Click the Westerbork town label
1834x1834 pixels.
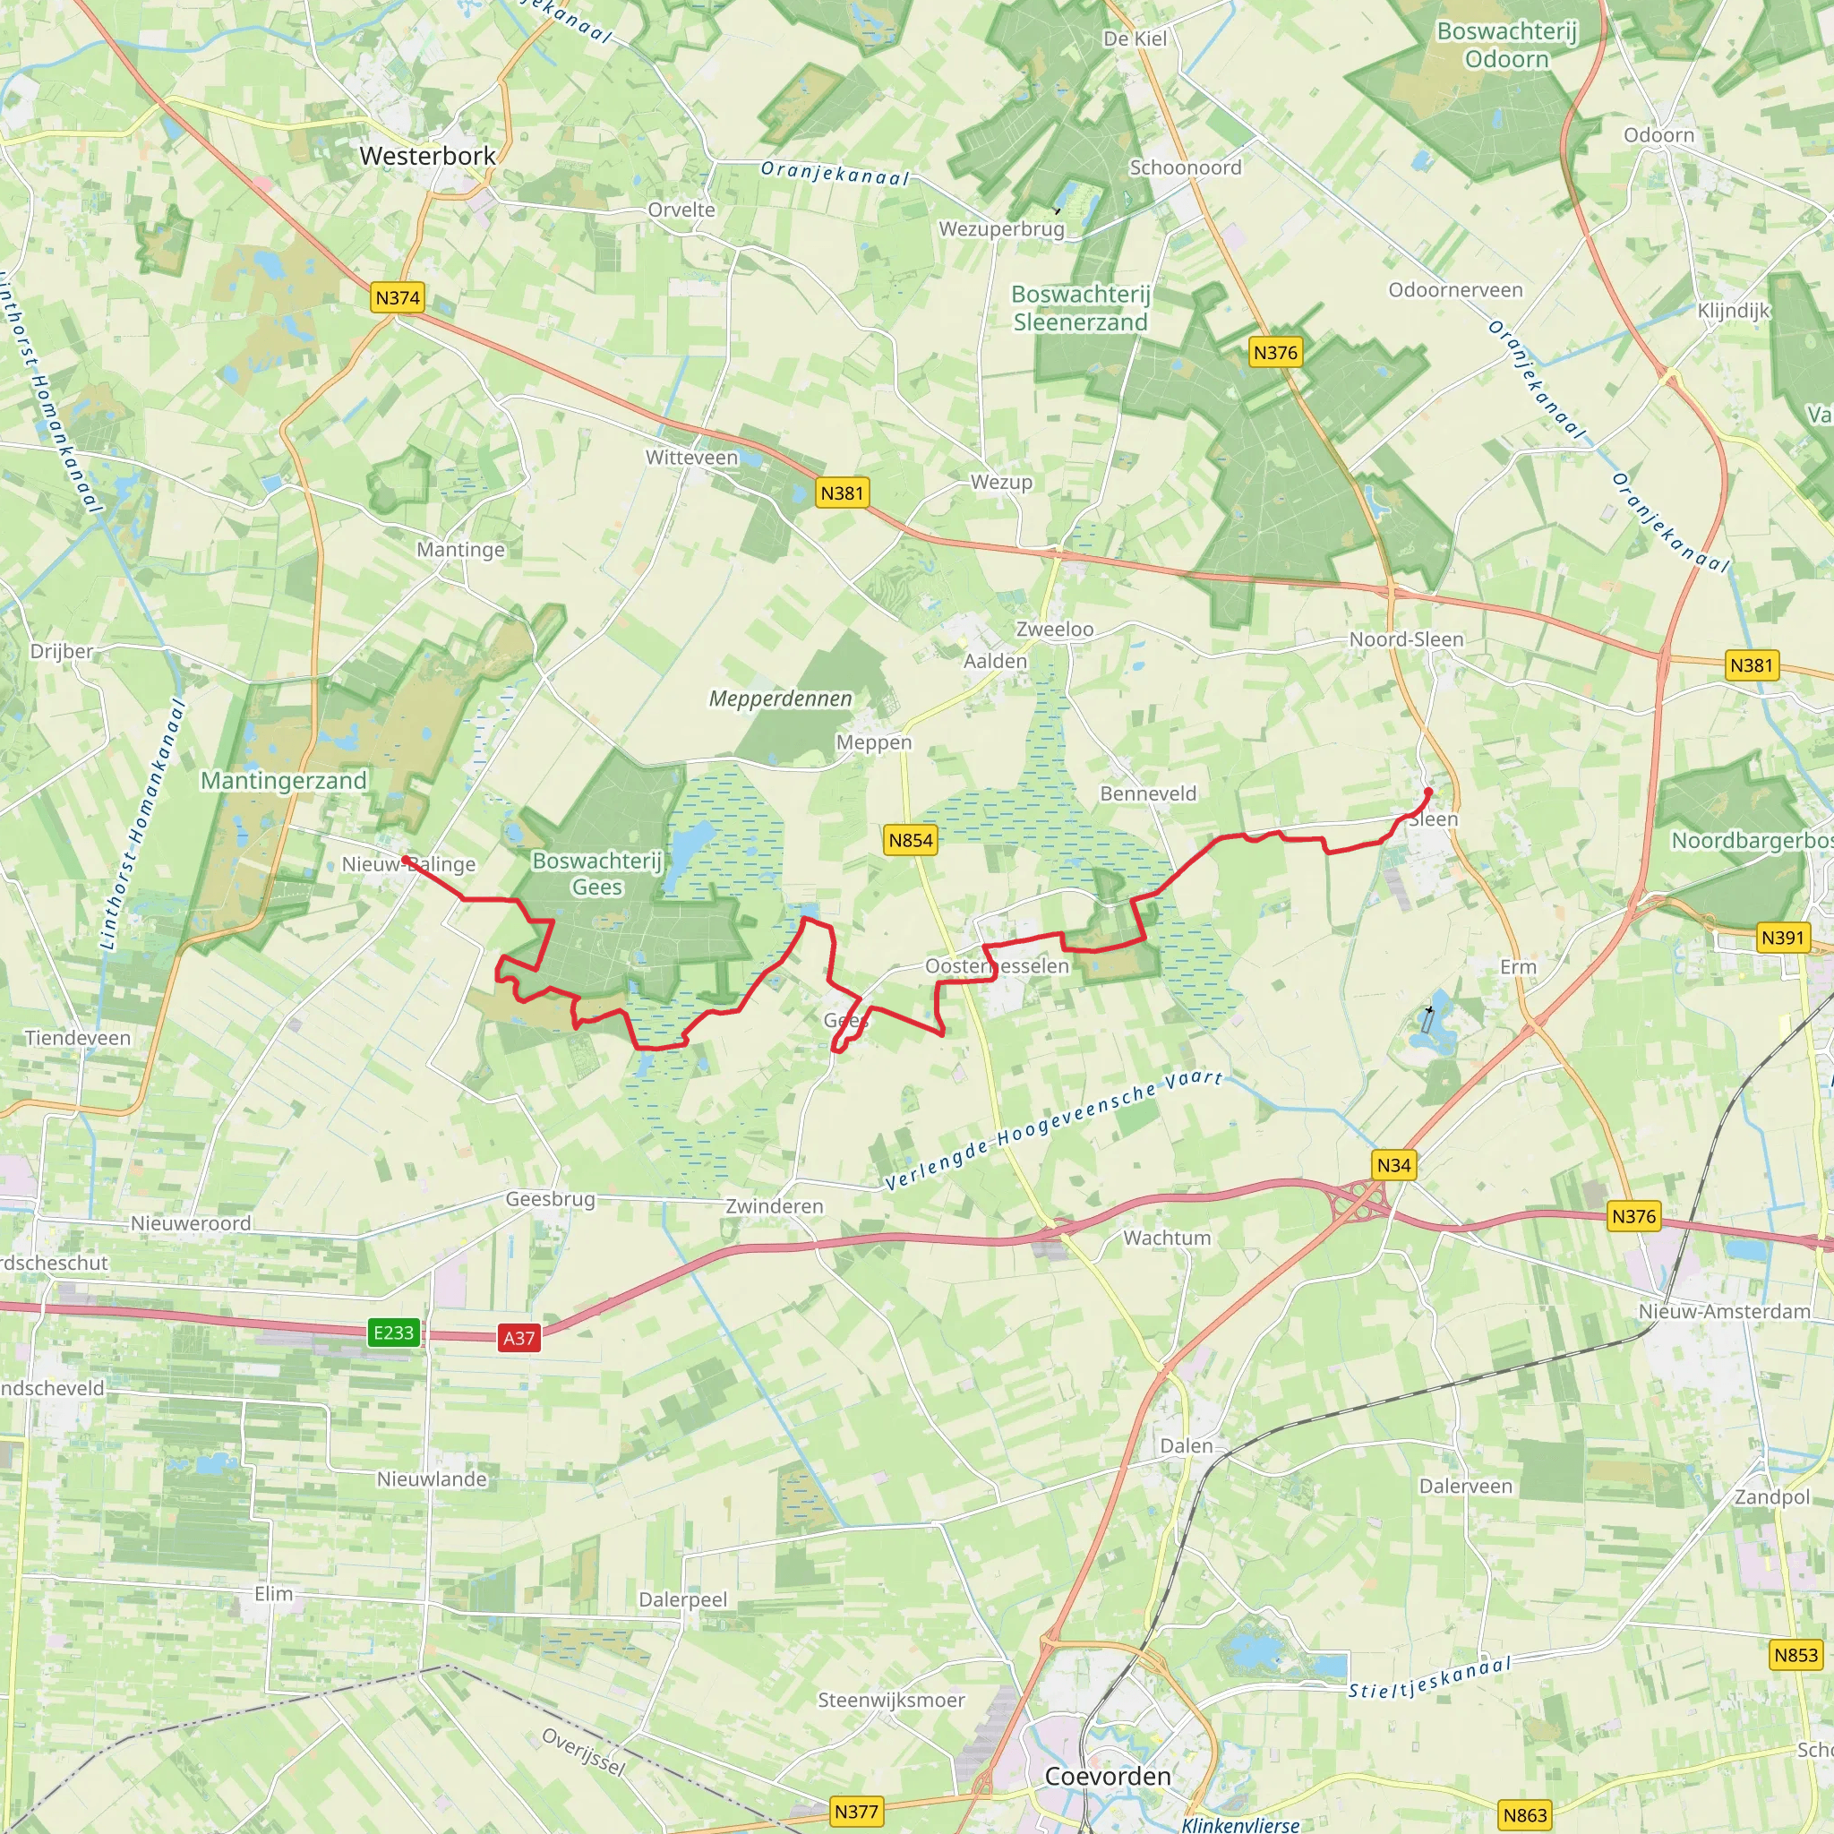click(427, 156)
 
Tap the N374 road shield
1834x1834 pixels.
click(397, 298)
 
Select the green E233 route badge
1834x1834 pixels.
click(393, 1333)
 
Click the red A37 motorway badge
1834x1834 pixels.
click(518, 1339)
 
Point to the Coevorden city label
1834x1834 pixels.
click(1107, 1776)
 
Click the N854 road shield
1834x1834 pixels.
click(911, 840)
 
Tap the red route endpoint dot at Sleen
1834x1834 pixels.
click(1427, 792)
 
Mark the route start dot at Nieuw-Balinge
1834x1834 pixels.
click(406, 860)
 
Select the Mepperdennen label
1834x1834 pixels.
click(780, 698)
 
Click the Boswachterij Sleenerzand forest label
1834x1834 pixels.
click(1080, 309)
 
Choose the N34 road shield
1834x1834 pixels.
click(1393, 1166)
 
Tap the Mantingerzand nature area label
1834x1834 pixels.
click(283, 781)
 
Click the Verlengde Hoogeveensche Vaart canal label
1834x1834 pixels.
click(1054, 1129)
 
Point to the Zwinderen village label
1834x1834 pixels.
click(775, 1206)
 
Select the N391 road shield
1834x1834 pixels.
click(1782, 938)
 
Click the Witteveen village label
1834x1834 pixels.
click(691, 458)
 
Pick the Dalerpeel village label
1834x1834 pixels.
click(682, 1600)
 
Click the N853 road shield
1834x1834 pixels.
click(1795, 1656)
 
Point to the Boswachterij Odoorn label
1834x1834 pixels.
click(1506, 45)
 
